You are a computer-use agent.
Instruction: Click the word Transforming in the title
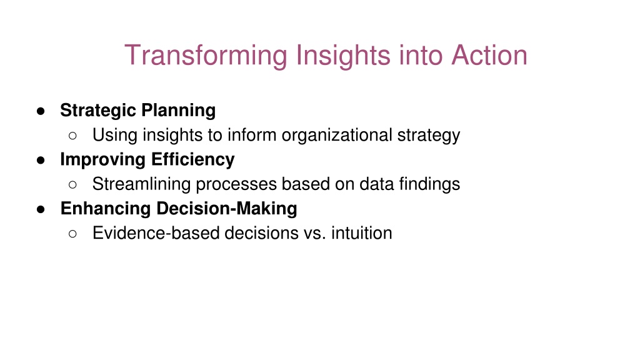tap(206, 56)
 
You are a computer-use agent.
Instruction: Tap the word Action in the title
tap(489, 55)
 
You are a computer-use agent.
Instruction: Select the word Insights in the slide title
tap(343, 56)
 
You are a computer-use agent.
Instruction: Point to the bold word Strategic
tap(98, 111)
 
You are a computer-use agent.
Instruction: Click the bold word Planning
tap(178, 111)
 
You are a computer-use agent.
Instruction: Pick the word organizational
tap(337, 136)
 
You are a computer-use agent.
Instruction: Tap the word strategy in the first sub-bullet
tap(429, 136)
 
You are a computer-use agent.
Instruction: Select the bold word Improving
tap(103, 159)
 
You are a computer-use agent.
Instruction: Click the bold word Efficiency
tap(192, 159)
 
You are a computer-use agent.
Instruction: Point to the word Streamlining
tap(141, 184)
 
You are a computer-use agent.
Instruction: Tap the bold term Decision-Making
tap(227, 209)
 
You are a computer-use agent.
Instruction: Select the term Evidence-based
tap(156, 233)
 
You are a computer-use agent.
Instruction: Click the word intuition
tap(362, 233)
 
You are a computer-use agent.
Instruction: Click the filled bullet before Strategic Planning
tap(41, 111)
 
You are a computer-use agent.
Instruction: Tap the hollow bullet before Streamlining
tap(72, 185)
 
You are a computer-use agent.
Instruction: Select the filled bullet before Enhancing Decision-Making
tap(41, 209)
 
